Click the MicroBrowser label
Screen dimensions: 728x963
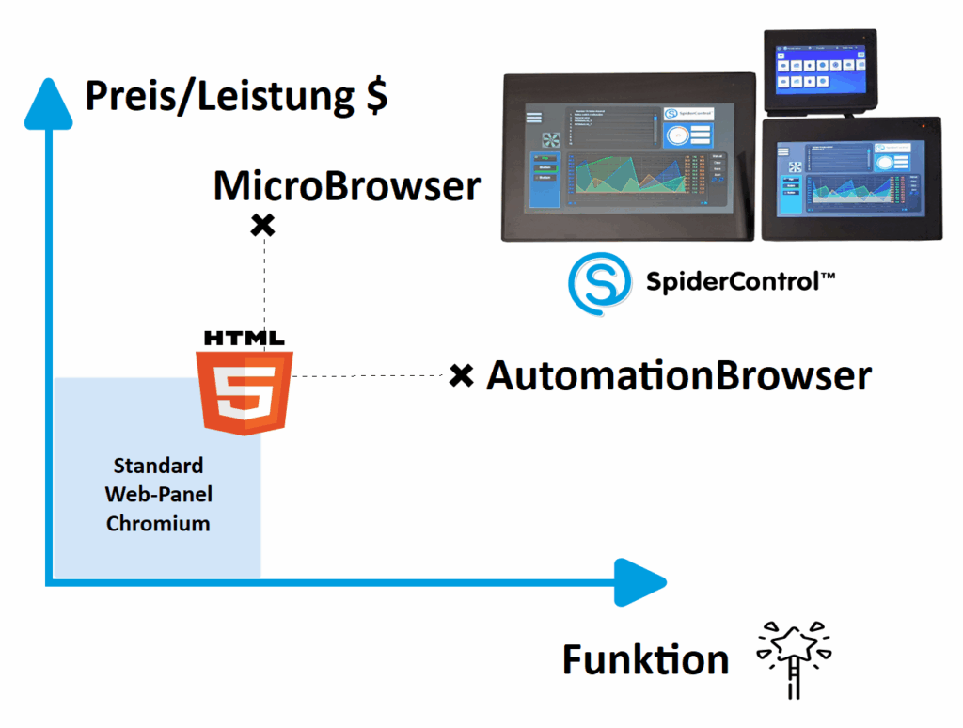[346, 187]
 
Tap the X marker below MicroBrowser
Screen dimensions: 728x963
[263, 225]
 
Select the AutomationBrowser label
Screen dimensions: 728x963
[678, 376]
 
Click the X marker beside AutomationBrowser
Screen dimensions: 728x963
[460, 376]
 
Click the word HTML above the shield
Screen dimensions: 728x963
[245, 338]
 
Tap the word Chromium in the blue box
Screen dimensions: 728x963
[158, 524]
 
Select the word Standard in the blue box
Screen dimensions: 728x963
[158, 466]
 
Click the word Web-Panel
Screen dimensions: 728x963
[158, 495]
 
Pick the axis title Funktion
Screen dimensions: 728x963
[645, 660]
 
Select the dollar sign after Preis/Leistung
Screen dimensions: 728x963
[376, 97]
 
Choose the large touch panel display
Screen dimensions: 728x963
[628, 157]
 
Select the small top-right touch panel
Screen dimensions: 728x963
[820, 70]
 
